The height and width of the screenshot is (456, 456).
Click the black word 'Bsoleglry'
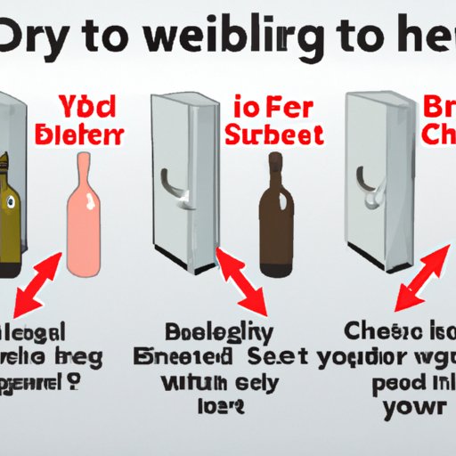click(216, 332)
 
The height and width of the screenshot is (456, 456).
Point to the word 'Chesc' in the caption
click(377, 332)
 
